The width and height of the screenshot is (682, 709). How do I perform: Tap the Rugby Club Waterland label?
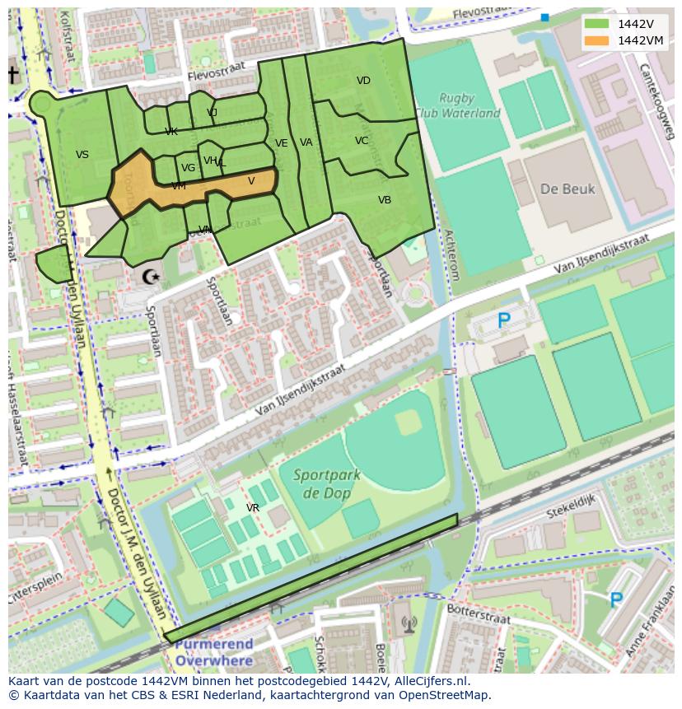click(x=457, y=105)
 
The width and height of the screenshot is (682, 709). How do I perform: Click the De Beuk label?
click(x=568, y=189)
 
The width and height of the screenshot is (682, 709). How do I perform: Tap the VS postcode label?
click(x=82, y=155)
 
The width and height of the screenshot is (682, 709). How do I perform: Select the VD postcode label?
click(x=363, y=81)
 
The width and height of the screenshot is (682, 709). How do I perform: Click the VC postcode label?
click(x=362, y=141)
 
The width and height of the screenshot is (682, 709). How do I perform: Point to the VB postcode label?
click(x=385, y=200)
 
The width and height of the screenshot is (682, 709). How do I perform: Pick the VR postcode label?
click(x=253, y=508)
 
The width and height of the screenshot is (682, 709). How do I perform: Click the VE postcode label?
click(x=281, y=143)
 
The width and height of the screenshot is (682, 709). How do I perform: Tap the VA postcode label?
click(x=306, y=142)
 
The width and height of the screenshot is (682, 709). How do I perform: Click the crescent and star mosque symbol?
click(x=151, y=277)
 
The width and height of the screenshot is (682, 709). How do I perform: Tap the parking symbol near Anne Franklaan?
click(x=615, y=599)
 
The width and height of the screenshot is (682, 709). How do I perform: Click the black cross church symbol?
click(x=13, y=75)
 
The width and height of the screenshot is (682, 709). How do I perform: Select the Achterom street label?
click(x=451, y=255)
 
